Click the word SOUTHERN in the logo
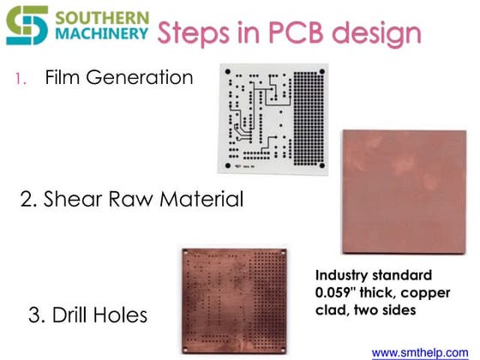point(101,17)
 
